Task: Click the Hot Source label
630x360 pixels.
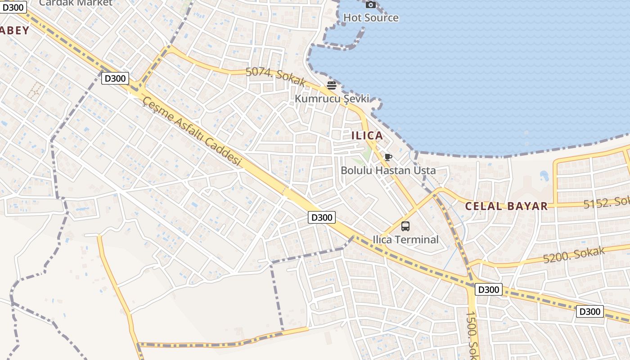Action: [371, 18]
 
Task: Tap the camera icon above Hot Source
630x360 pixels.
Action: [371, 5]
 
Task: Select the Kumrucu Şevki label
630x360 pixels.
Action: [332, 98]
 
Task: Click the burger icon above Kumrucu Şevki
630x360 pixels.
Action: [332, 85]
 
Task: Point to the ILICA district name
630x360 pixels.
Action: [367, 135]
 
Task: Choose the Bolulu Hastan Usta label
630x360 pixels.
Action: [388, 171]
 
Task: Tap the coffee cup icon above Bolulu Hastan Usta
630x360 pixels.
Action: [388, 157]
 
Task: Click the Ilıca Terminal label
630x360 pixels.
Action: [405, 239]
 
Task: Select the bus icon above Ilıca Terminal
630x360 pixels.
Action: [405, 226]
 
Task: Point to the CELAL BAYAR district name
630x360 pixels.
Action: [506, 207]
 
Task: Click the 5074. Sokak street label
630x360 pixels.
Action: [275, 77]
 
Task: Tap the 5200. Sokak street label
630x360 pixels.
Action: [574, 255]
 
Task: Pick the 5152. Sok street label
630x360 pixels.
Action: [606, 203]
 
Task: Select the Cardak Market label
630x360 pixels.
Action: [76, 3]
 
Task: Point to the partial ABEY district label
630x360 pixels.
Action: [14, 31]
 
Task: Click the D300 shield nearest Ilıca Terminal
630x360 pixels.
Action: [322, 217]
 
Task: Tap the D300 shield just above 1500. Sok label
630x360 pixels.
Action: [488, 289]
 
